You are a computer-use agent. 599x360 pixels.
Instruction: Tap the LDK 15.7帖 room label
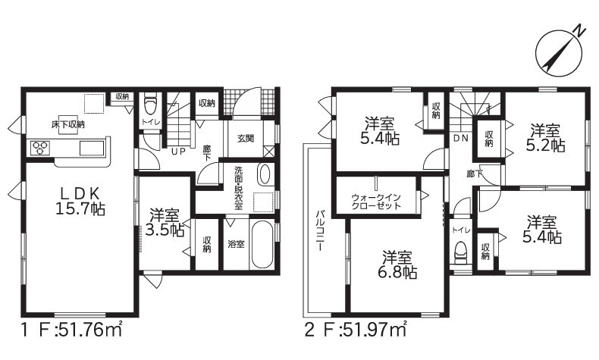pos(80,201)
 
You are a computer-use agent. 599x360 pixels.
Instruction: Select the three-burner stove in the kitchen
pos(40,147)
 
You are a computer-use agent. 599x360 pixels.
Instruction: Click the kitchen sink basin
pos(92,148)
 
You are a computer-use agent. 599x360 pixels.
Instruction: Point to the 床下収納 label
pos(68,124)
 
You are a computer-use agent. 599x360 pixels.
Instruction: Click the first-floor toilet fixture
pos(150,105)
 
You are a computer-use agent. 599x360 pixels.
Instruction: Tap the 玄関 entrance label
pos(245,138)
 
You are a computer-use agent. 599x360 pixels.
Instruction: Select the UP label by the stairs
pos(178,152)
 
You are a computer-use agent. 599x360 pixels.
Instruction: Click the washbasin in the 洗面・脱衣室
pos(264,174)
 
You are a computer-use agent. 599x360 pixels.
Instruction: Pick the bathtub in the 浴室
pos(262,245)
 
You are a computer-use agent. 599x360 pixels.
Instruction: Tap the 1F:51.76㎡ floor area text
pos(71,330)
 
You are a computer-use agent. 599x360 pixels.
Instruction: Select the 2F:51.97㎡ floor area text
pos(356,330)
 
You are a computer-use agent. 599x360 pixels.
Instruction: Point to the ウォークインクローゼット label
pos(376,201)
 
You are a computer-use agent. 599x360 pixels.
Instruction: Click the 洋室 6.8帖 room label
pos(397,265)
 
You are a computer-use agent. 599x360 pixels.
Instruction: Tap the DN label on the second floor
pos(460,139)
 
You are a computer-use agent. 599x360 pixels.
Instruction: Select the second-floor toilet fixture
pos(461,252)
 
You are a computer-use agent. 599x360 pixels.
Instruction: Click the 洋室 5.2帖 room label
pos(544,137)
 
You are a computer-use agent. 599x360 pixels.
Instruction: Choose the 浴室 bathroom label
pos(236,244)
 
